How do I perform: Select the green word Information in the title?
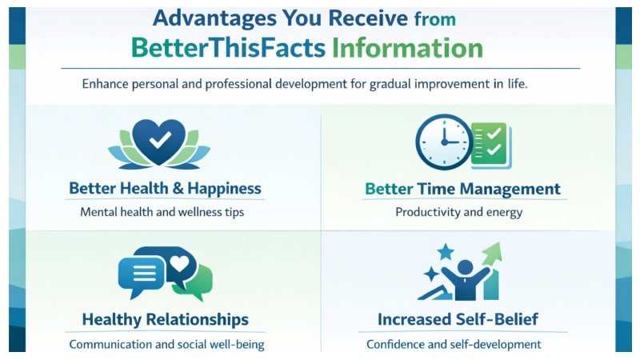click(407, 48)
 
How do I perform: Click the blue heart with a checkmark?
click(159, 139)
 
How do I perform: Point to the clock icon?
click(442, 142)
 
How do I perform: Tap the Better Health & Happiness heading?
click(165, 189)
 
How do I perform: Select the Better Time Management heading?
click(462, 190)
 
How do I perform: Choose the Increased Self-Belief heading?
click(458, 320)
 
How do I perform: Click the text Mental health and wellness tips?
click(162, 213)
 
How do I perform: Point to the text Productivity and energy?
click(458, 213)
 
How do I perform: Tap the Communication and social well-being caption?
click(166, 345)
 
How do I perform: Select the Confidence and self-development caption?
click(454, 345)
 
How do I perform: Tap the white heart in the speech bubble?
click(180, 262)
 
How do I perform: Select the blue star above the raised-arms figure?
click(445, 252)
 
